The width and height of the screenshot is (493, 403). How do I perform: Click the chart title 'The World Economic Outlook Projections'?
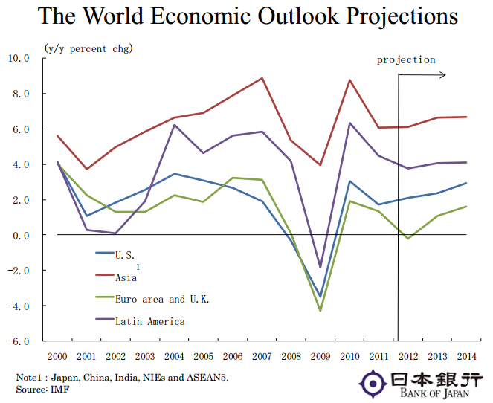point(247,16)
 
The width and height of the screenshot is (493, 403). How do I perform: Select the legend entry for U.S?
point(124,254)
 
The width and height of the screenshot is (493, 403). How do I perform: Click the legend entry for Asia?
point(126,277)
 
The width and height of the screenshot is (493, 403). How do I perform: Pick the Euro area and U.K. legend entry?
point(161,299)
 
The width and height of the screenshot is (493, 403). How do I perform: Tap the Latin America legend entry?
point(149,321)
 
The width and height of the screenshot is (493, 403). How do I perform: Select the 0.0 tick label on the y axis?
point(19,235)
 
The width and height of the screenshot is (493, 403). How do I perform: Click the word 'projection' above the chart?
point(406,59)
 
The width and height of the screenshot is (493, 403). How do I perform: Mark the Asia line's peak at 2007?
point(262,78)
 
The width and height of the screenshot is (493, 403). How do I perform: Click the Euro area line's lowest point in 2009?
point(320,311)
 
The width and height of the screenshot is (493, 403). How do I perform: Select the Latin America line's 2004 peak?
point(174,125)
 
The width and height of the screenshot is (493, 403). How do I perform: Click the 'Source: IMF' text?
point(42,389)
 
